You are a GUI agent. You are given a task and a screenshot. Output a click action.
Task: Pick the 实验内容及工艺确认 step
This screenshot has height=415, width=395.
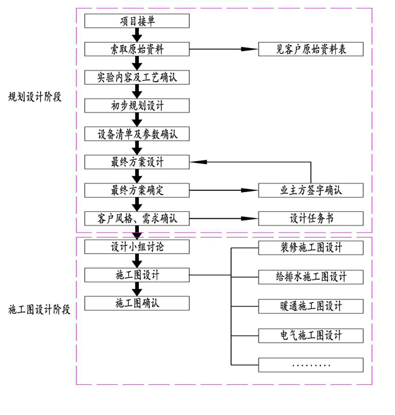coord(137,77)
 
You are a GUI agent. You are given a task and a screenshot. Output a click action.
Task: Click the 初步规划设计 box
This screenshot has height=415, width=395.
coord(137,105)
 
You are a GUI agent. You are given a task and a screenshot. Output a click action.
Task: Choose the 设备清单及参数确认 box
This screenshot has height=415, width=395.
coord(137,133)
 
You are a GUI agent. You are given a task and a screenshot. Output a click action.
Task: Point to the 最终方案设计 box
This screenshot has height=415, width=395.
coord(137,162)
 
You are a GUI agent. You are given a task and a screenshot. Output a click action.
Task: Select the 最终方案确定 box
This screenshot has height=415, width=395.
coord(137,190)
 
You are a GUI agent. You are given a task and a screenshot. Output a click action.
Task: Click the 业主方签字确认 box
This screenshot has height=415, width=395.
coord(310,190)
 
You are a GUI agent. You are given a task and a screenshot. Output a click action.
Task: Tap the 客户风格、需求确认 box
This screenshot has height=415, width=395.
coord(137,218)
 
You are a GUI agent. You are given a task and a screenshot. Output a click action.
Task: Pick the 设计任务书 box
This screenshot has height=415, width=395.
coord(310,218)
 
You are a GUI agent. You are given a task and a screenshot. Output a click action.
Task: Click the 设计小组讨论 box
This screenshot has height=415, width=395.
coord(137,247)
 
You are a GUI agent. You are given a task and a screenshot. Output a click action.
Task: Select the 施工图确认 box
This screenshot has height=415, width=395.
coord(137,303)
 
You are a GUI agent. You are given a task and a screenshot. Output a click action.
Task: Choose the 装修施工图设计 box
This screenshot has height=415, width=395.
coord(310,248)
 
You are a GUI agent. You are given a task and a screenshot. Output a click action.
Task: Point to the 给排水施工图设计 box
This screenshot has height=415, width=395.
coord(310,276)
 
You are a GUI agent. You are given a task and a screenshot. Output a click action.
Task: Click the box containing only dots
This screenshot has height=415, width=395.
coord(310,364)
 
